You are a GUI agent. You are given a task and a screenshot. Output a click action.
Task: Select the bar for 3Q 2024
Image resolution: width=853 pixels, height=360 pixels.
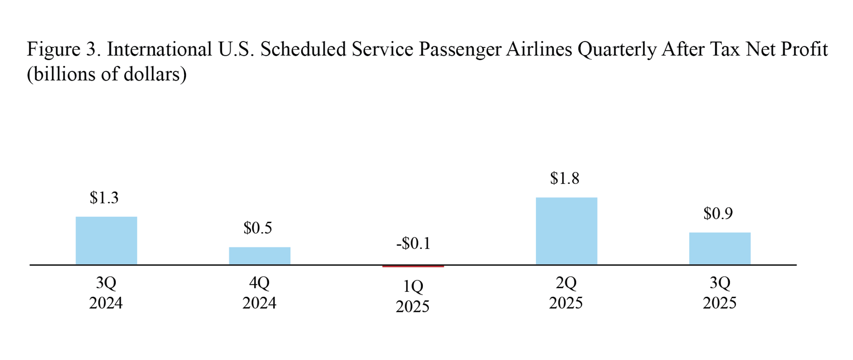point(106,241)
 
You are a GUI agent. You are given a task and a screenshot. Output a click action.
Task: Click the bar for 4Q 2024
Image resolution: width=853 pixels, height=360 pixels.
point(259,256)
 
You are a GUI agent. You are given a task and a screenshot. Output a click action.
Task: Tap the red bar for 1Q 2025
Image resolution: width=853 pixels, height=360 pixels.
point(413,266)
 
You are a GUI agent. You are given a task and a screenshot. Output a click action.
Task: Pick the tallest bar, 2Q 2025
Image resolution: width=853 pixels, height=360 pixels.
point(566,231)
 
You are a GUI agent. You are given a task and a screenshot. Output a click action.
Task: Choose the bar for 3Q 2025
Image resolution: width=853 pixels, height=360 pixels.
point(719,249)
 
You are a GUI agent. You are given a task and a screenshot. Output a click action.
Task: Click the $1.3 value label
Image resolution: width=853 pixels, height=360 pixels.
point(104,198)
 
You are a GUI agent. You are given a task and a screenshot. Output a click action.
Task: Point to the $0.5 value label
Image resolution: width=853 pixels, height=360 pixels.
point(258,228)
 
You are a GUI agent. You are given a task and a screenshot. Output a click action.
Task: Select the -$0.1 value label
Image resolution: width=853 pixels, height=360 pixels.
point(413,244)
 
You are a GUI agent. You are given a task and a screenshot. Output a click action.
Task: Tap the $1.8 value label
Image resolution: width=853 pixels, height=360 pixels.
point(564,179)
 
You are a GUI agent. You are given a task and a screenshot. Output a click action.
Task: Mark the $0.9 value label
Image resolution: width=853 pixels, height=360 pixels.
point(718,214)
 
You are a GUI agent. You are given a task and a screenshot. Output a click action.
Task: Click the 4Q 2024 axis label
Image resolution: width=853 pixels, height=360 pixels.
point(259,293)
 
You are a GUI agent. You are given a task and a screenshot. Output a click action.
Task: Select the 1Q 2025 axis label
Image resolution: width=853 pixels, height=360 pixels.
point(413,296)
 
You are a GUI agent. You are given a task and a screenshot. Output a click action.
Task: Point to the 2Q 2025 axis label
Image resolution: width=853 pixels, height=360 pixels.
point(566,293)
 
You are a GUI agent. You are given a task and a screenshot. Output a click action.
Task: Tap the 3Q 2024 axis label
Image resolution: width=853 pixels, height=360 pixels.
point(106,293)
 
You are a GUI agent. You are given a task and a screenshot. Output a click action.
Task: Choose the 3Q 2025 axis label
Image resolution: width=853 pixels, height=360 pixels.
point(719,293)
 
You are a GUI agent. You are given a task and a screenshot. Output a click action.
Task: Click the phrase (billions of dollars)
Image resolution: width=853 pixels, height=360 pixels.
point(107,74)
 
